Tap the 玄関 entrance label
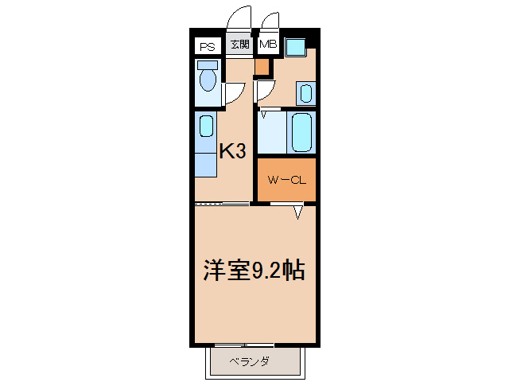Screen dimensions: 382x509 [239, 45]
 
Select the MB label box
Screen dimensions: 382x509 [267, 45]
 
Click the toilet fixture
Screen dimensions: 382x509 [208, 80]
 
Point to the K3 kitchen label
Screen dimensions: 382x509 [231, 150]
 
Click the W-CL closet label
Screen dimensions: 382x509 [286, 181]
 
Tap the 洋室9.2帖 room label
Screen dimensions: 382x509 [254, 271]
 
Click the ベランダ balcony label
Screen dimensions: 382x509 [249, 362]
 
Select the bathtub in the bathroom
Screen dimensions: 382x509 [302, 132]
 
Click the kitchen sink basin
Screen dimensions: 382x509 [207, 126]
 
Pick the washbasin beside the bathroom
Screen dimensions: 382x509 [305, 94]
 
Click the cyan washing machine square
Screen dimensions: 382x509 [296, 47]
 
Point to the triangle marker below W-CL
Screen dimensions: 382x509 [298, 212]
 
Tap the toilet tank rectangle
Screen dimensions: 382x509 [208, 64]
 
